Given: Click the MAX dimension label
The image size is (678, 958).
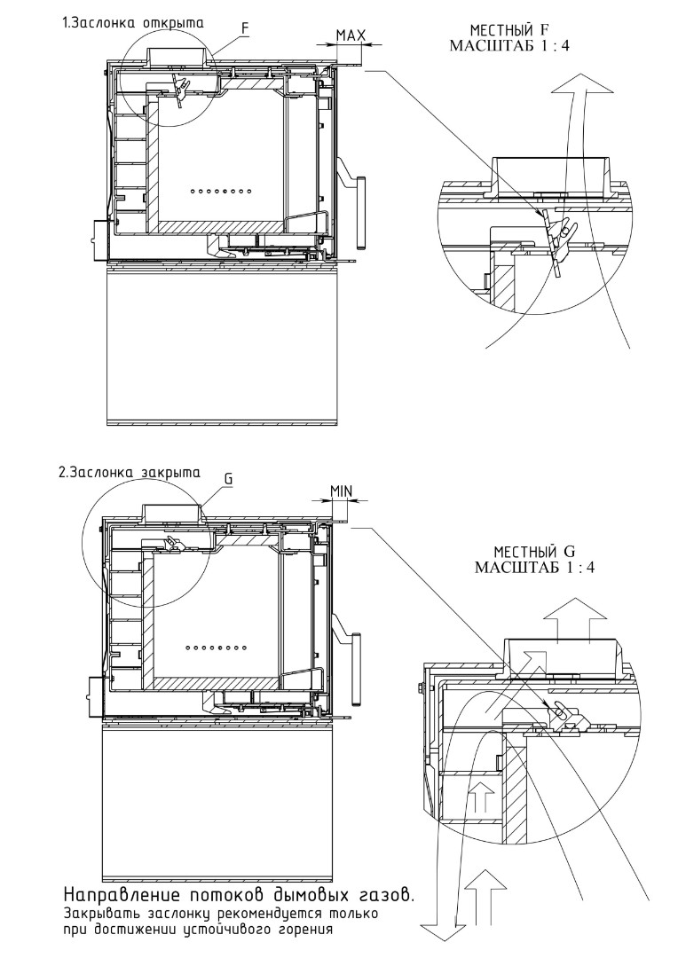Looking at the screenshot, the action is coord(351,35).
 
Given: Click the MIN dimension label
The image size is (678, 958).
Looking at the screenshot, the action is coord(341,491).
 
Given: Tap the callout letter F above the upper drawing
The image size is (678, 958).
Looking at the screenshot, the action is coord(246,27).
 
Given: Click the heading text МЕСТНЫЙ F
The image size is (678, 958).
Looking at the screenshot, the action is coord(510,30).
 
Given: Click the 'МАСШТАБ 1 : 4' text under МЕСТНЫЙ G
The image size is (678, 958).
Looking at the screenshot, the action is coord(535,567).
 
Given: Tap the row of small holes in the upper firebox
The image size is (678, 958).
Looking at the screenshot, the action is coord(221,192).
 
